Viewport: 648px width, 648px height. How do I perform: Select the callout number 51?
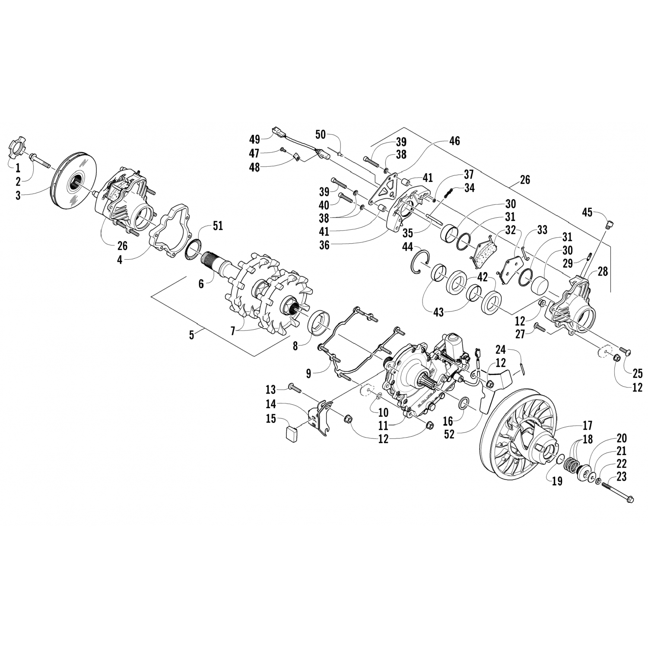(217, 226)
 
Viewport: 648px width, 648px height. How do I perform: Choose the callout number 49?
(254, 139)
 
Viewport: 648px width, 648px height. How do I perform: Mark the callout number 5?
(191, 335)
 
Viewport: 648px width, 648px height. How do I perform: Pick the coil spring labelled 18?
(571, 465)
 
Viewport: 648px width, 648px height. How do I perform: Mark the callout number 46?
(454, 140)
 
